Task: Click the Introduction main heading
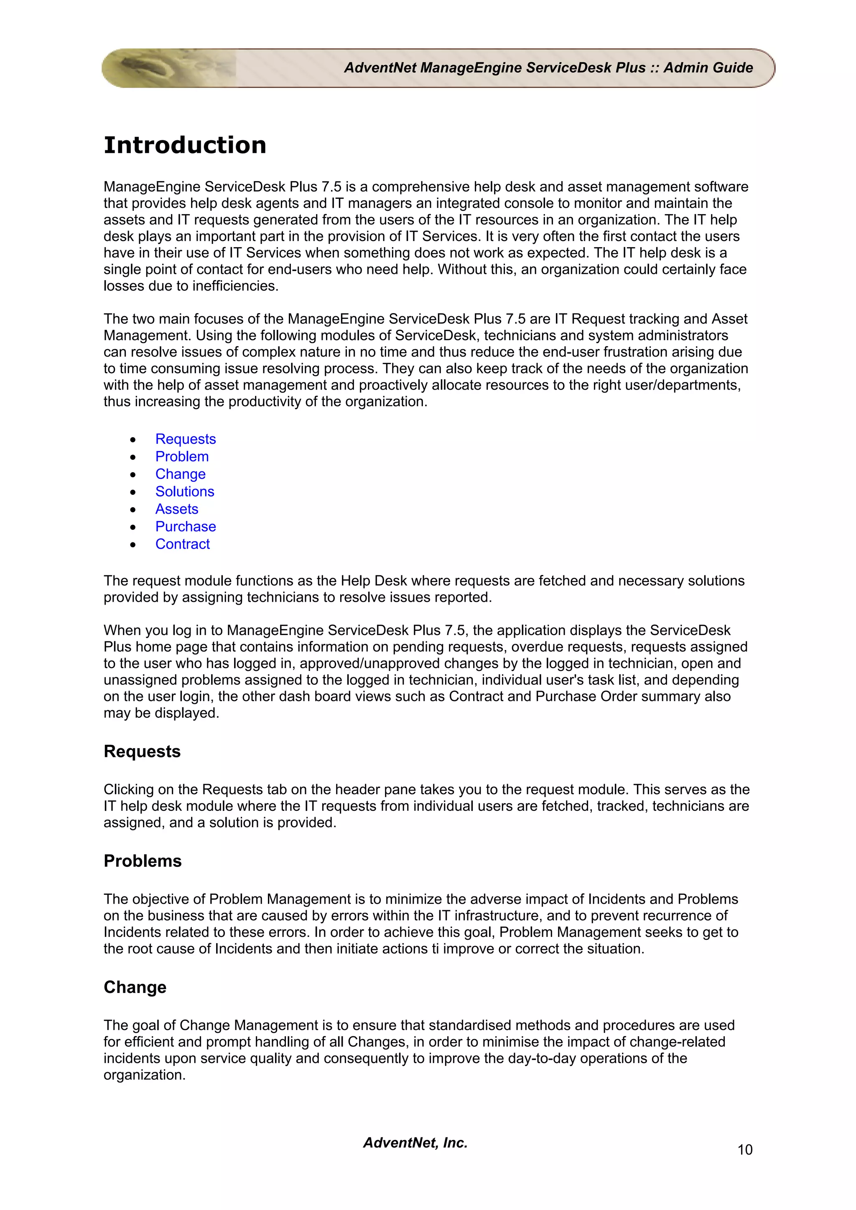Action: click(185, 145)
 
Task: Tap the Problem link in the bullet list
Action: click(181, 456)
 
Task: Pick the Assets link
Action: click(177, 509)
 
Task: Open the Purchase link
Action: click(185, 527)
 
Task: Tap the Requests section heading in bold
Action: click(142, 752)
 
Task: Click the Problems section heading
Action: click(143, 861)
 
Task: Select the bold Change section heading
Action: click(135, 987)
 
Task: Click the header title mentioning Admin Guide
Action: click(548, 68)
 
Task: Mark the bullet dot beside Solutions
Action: click(133, 492)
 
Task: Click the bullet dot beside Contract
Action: click(133, 545)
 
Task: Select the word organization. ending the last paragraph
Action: click(144, 1075)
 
